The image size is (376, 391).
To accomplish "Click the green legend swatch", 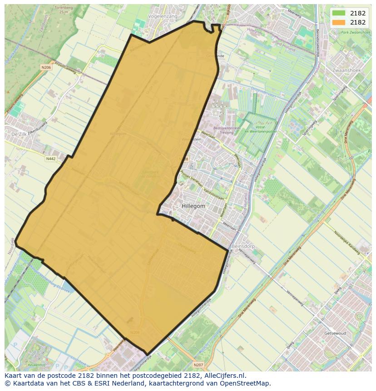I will (339, 13).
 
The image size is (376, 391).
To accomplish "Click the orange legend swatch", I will (339, 22).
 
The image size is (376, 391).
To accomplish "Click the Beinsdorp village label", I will (243, 246).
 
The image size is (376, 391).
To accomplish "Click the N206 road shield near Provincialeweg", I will (46, 67).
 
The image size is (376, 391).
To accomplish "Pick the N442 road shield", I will (50, 159).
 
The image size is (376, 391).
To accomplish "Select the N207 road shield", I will (198, 365).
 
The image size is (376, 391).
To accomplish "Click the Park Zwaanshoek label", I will (350, 33).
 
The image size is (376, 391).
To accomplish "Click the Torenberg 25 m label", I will (63, 10).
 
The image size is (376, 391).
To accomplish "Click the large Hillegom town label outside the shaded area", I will (193, 206).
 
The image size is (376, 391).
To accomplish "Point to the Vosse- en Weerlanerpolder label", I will (260, 129).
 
